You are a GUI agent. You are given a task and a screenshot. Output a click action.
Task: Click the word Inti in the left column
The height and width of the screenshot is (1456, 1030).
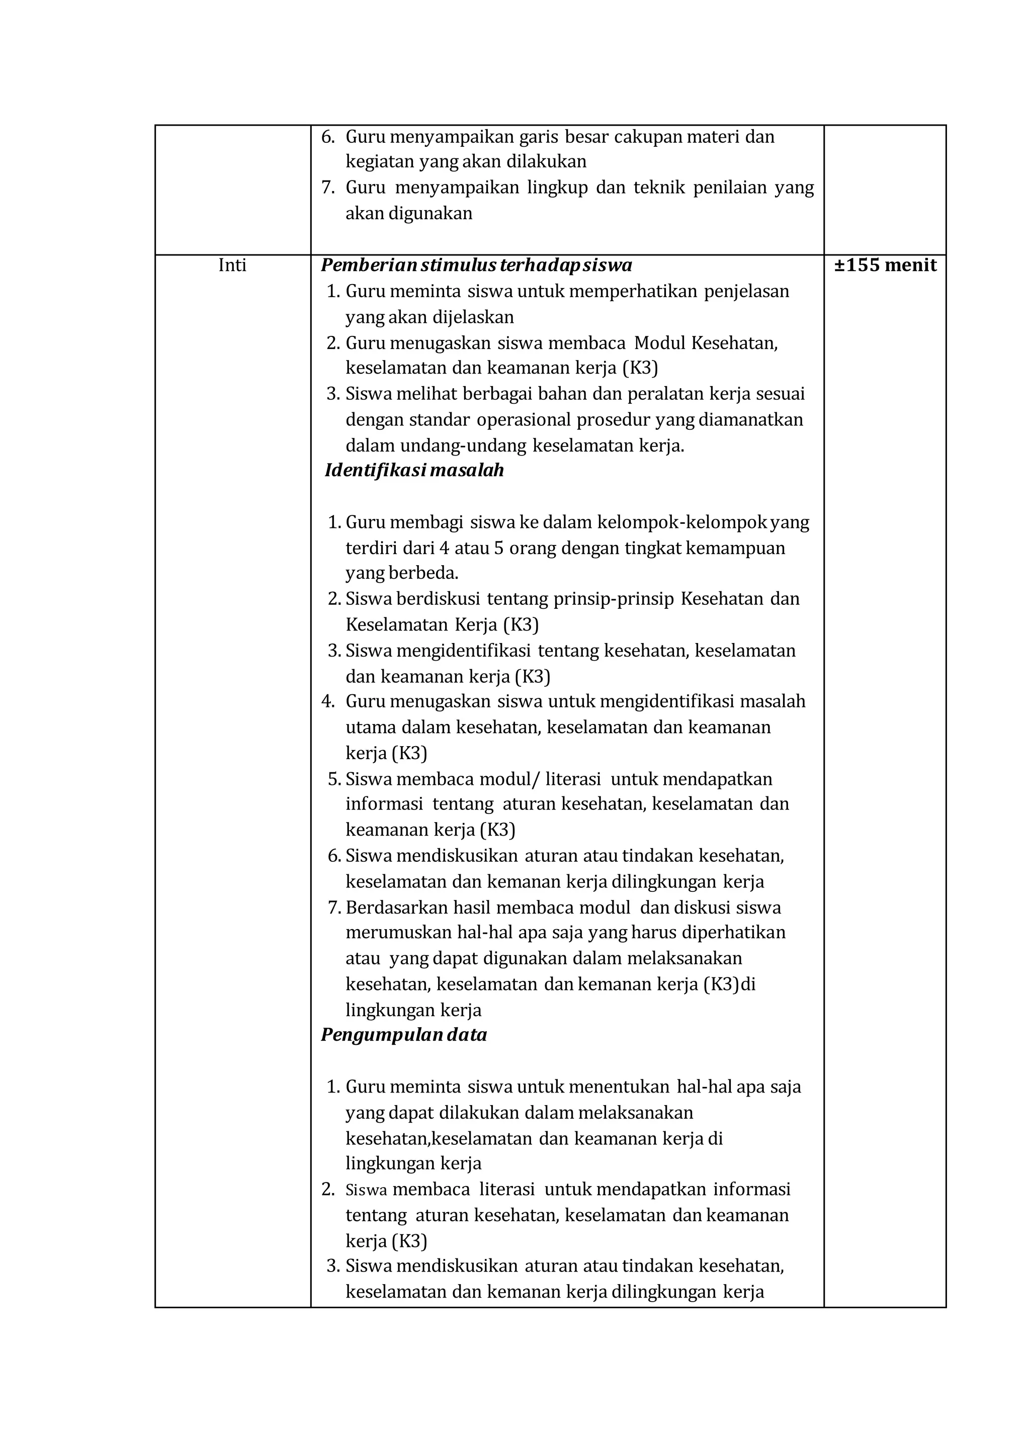click(x=232, y=265)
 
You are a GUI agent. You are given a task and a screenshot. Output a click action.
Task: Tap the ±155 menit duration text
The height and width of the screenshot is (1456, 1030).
click(x=885, y=265)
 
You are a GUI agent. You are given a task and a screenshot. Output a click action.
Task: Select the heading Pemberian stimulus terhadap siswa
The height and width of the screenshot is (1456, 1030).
click(x=476, y=265)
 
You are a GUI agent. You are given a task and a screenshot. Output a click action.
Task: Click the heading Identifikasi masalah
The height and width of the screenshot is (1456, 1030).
click(x=414, y=471)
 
